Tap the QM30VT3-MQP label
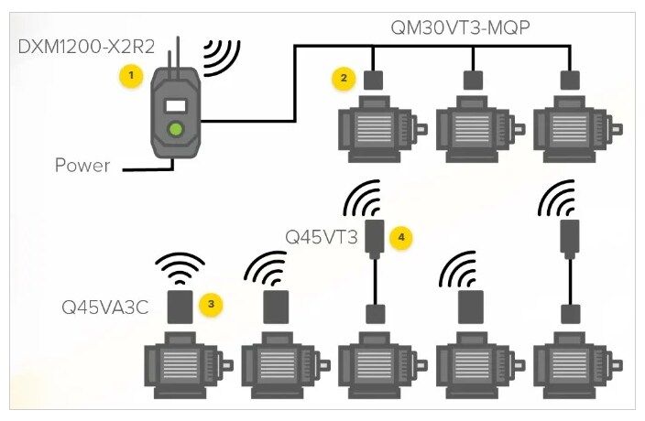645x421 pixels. pyautogui.click(x=461, y=27)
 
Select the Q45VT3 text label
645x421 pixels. pyautogui.click(x=321, y=237)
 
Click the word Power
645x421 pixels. pyautogui.click(x=82, y=166)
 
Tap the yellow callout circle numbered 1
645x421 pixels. pyautogui.click(x=134, y=75)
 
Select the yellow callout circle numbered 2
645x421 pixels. pyautogui.click(x=344, y=78)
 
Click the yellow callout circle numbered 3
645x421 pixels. pyautogui.click(x=211, y=301)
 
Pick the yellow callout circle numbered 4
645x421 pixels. pyautogui.click(x=399, y=237)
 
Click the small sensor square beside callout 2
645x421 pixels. pyautogui.click(x=373, y=80)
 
